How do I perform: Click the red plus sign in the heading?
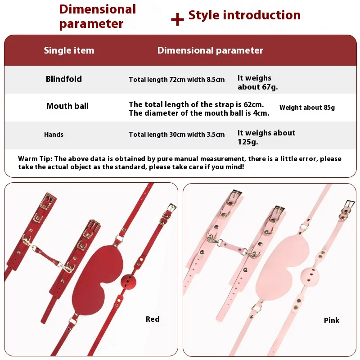tap(177, 19)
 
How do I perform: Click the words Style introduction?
tap(244, 15)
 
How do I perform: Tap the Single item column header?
tap(69, 50)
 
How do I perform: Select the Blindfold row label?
tap(64, 79)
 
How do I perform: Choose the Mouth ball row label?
tap(67, 106)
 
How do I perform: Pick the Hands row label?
tap(54, 134)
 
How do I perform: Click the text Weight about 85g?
tap(307, 108)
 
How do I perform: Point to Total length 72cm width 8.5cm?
tap(177, 80)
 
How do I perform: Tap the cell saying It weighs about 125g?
tap(266, 137)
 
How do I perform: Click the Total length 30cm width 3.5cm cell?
tap(177, 134)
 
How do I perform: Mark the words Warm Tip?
tap(35, 159)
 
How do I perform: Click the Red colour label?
tap(153, 319)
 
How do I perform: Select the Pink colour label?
tap(332, 320)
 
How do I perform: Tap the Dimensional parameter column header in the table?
tap(210, 50)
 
